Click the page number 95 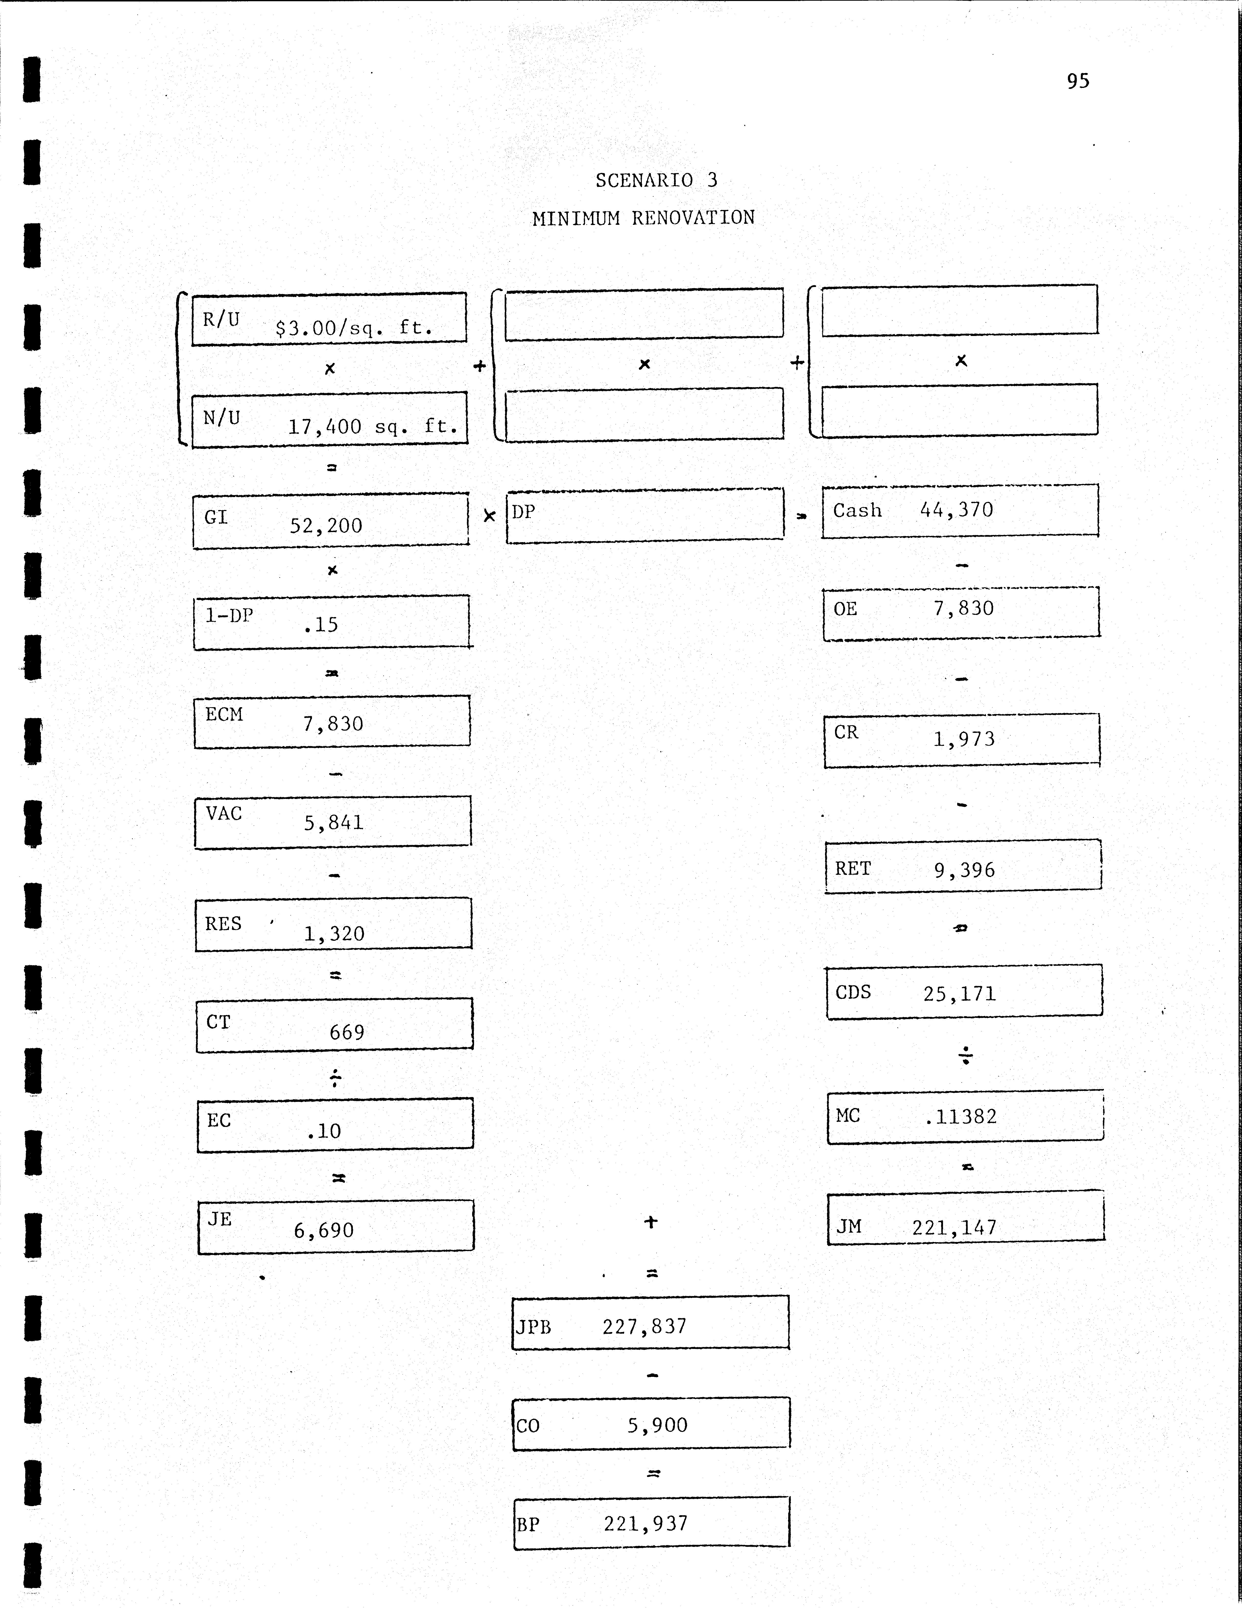tap(1078, 81)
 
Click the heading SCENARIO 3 tap(656, 180)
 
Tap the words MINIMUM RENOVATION tap(644, 218)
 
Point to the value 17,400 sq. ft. tap(372, 426)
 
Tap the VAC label tap(224, 814)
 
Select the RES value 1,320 tap(334, 934)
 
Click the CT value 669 tap(347, 1032)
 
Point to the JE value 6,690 tap(324, 1230)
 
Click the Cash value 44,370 tap(956, 510)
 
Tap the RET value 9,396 tap(965, 870)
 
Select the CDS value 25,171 tap(959, 994)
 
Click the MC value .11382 tap(961, 1117)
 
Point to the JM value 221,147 tap(954, 1227)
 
